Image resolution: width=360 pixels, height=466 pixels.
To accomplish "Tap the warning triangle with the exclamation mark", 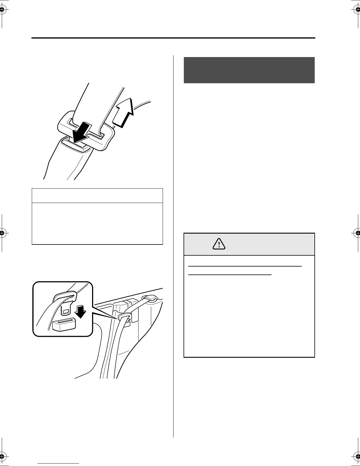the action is (219, 244).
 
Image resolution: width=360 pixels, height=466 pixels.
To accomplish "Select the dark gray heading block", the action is (249, 70).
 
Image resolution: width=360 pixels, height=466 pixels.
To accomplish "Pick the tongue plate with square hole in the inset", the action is (65, 309).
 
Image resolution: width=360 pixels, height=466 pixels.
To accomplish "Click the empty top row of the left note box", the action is (97, 195).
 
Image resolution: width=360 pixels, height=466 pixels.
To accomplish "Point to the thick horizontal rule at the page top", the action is (173, 38).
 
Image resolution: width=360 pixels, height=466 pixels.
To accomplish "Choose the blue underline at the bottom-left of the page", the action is (59, 464).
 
